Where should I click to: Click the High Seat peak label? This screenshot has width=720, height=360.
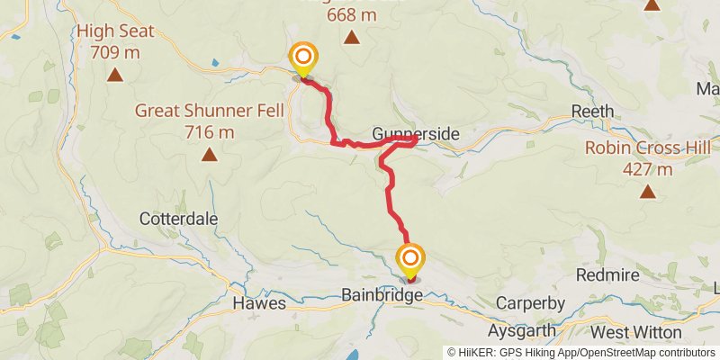[114, 32]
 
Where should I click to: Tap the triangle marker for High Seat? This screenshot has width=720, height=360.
[114, 75]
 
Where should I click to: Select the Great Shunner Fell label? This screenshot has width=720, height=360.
[210, 111]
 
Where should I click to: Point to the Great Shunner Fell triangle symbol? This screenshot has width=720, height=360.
[210, 155]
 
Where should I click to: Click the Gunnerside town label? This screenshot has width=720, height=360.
[417, 134]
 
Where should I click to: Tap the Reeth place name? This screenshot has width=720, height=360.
[593, 112]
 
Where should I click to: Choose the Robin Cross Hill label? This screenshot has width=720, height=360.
[647, 148]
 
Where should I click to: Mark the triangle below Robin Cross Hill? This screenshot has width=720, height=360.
[647, 191]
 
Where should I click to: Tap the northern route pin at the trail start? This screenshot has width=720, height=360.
[303, 58]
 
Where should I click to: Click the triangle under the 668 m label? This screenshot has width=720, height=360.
[351, 38]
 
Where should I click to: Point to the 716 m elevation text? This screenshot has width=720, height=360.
[210, 132]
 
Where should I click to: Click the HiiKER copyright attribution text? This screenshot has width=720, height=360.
[581, 353]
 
